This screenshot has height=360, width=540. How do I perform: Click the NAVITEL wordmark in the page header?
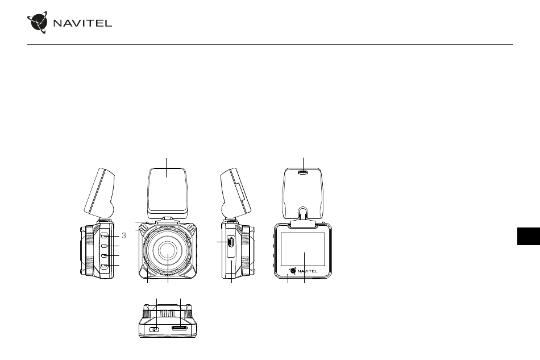(x=82, y=23)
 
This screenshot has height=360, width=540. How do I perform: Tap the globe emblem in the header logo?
(x=38, y=22)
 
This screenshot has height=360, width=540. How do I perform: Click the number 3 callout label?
(x=124, y=235)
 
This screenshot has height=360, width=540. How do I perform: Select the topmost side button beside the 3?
(x=105, y=237)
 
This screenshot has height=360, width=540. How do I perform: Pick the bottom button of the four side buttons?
(x=105, y=266)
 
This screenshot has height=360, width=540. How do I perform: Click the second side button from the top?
(x=105, y=246)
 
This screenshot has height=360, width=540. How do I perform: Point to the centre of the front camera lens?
(x=168, y=250)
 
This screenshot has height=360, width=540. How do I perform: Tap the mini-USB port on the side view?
(x=230, y=242)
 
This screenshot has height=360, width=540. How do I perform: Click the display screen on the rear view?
(x=303, y=249)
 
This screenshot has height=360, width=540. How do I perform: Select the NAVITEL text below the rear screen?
(x=308, y=271)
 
